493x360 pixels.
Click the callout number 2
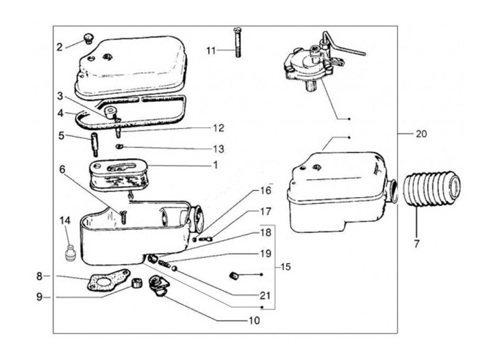coord(60,47)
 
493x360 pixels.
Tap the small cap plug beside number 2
coord(88,39)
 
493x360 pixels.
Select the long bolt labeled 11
coord(238,42)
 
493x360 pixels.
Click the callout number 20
coord(421,134)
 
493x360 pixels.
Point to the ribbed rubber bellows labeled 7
coord(432,188)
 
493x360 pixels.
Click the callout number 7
coord(416,244)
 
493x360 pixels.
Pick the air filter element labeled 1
coord(119,175)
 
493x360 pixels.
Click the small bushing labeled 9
coord(136,283)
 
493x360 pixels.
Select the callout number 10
coord(254,320)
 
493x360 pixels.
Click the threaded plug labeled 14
coord(69,251)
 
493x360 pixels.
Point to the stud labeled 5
coord(94,144)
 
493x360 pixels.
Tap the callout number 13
coord(218,149)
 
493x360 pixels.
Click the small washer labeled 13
coord(119,146)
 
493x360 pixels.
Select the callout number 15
coord(285,267)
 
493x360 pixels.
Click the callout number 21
coord(265,295)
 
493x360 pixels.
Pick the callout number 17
coord(266,211)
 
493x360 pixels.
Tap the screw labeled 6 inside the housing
coord(123,217)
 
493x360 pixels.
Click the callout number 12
coord(218,128)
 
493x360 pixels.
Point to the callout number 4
coord(61,113)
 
